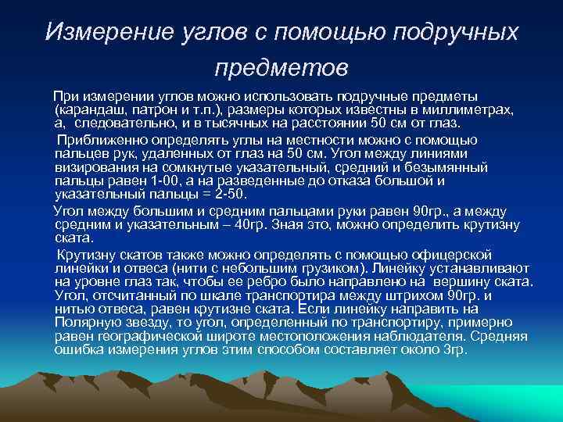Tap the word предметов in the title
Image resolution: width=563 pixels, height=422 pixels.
click(281, 70)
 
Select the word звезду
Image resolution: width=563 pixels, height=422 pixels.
click(151, 324)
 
